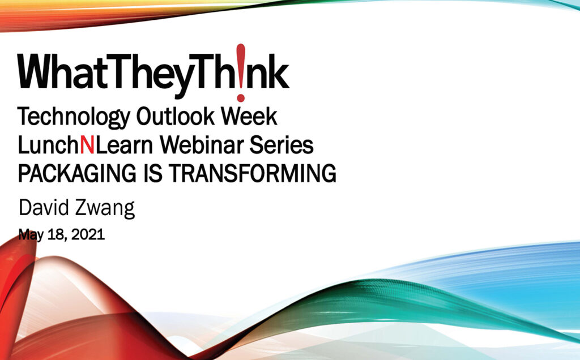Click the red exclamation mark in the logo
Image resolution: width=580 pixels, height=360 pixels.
click(241, 72)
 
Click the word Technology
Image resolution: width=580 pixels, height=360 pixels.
click(73, 117)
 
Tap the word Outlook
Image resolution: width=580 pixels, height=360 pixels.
click(176, 116)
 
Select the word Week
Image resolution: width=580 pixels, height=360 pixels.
click(249, 116)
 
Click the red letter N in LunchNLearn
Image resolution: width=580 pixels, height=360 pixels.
click(87, 145)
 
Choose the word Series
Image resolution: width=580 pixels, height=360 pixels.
click(281, 145)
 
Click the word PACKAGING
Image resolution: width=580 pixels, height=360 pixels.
click(77, 173)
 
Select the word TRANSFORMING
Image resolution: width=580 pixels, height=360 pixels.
click(253, 173)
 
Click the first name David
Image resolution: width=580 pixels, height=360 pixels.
click(44, 207)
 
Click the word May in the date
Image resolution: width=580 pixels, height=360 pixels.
click(31, 235)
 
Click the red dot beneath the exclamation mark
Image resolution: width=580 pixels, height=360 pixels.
click(241, 97)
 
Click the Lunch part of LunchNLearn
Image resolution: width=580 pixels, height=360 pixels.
click(49, 145)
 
